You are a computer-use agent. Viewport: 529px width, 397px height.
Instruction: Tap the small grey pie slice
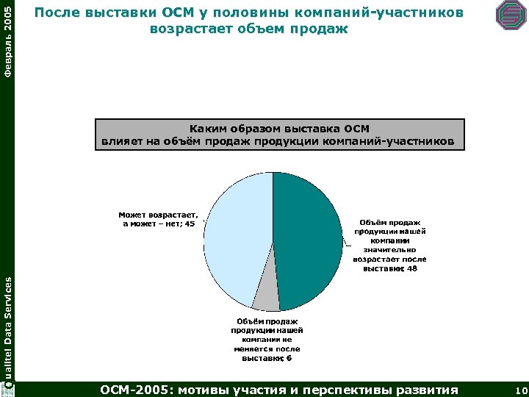click(x=267, y=298)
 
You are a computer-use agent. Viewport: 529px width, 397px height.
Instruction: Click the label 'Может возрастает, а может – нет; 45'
click(x=159, y=219)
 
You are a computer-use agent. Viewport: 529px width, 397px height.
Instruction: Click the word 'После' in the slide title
click(x=54, y=13)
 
